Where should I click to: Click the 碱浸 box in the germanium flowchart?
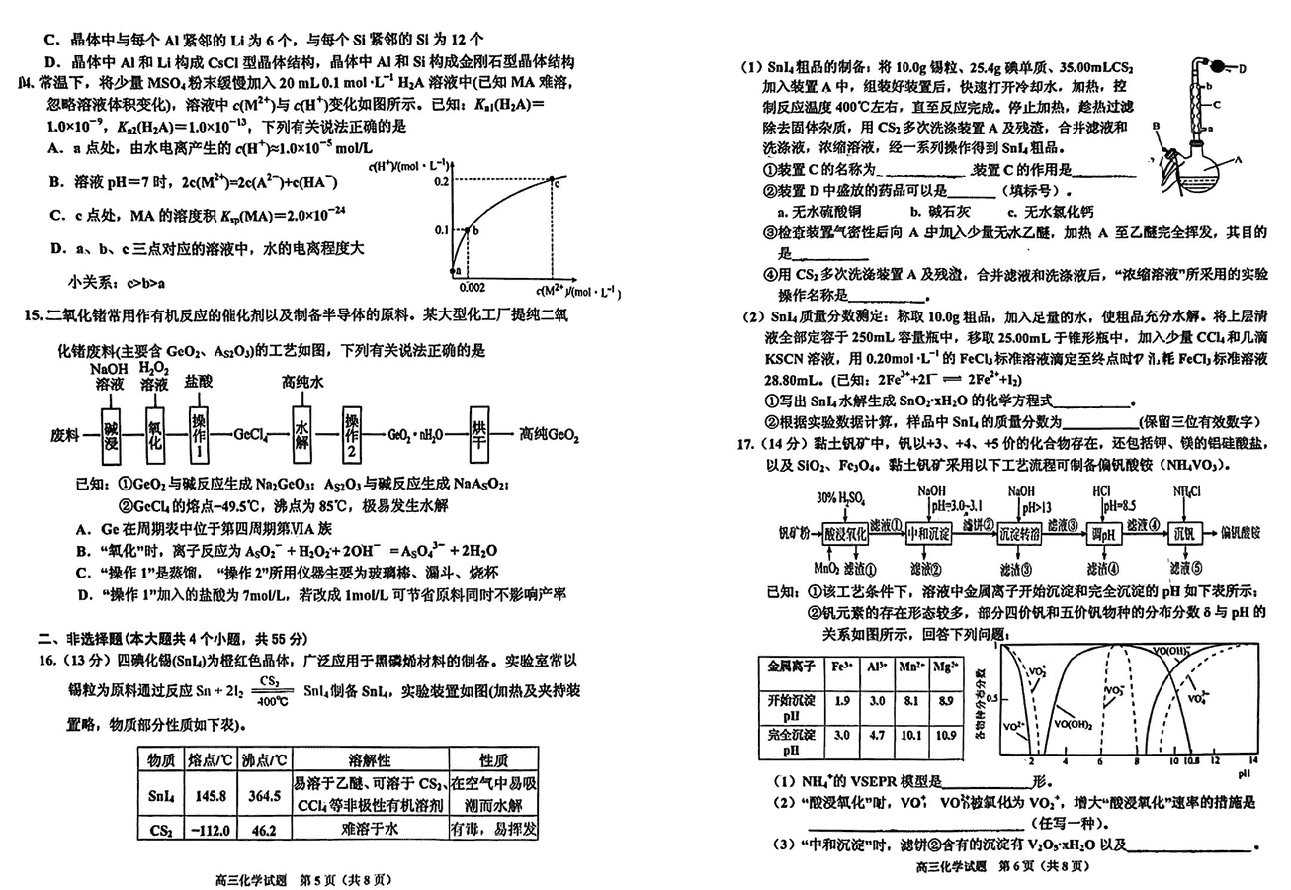(111, 433)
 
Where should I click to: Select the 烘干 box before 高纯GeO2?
(480, 433)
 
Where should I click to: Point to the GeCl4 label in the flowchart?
(254, 434)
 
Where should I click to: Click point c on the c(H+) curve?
(555, 181)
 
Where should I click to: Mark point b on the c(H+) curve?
(469, 230)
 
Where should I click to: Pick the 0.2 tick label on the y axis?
(440, 180)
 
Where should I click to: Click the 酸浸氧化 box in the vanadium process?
(845, 534)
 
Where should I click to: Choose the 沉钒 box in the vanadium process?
(1182, 534)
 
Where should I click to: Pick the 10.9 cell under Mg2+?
(947, 736)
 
